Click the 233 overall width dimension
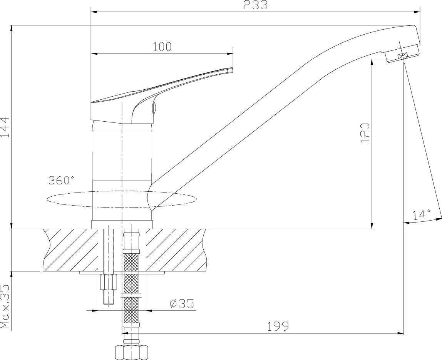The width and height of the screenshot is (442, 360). click(255, 5)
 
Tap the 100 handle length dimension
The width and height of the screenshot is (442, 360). click(162, 47)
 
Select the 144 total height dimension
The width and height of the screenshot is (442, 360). click(6, 127)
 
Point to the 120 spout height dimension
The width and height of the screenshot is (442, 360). click(365, 133)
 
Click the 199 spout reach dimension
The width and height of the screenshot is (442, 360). click(278, 327)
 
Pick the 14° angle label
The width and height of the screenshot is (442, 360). click(422, 215)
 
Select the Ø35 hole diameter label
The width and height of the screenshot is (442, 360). click(182, 304)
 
